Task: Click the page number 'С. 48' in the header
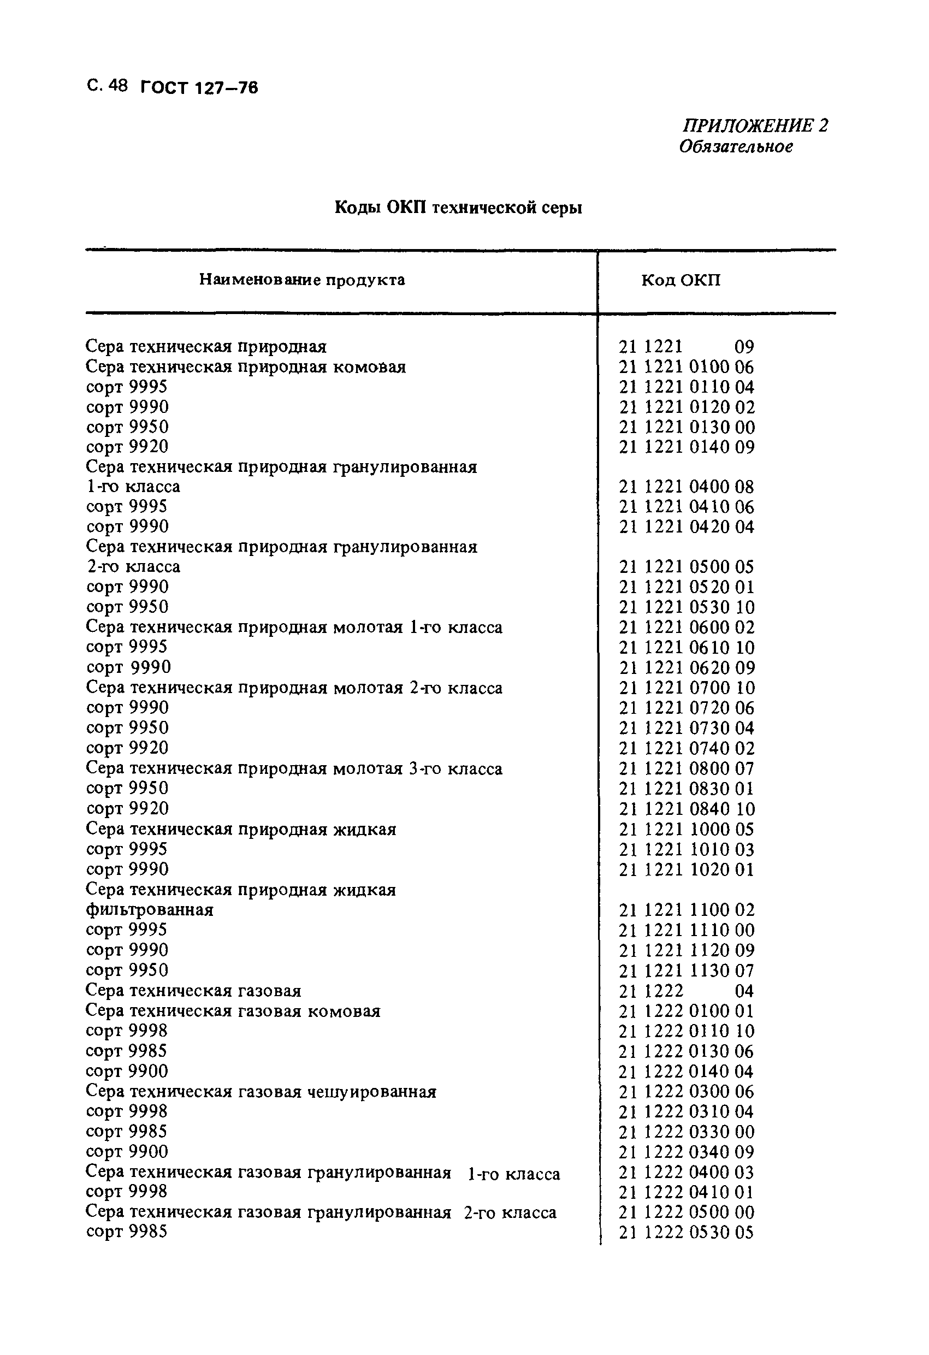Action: tap(106, 86)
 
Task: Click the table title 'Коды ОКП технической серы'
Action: tap(458, 208)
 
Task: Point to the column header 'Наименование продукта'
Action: tap(302, 280)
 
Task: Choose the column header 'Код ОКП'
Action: tap(681, 280)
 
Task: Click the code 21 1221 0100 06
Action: tap(686, 366)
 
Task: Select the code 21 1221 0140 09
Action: tap(686, 447)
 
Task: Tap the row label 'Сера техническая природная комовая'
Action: tap(246, 366)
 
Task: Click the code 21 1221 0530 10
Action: tap(686, 607)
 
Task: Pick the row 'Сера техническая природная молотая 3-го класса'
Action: tap(294, 768)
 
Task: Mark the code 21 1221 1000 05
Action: tap(686, 829)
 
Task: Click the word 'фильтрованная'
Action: tap(149, 909)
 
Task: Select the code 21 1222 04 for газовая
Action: tap(686, 991)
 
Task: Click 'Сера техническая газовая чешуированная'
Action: tap(261, 1091)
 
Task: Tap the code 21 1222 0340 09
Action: tap(686, 1152)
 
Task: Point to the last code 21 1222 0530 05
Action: tap(686, 1233)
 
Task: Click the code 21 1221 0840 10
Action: tap(686, 809)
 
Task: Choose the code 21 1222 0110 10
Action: tap(686, 1031)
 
